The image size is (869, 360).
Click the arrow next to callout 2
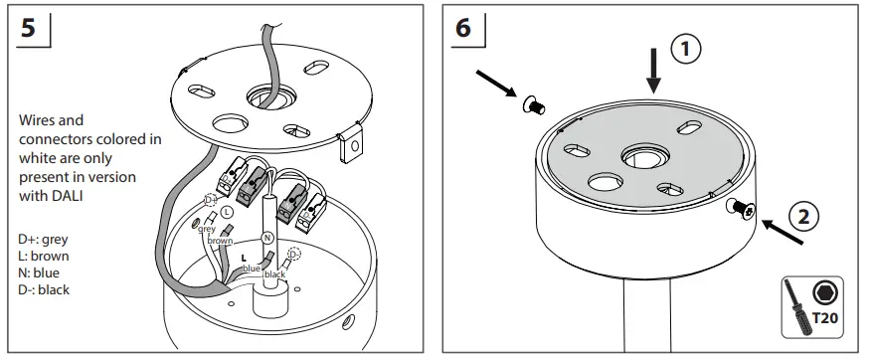782,234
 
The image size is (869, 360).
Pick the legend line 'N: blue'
41,273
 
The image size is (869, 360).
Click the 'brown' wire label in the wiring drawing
220,241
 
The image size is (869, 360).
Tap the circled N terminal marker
266,238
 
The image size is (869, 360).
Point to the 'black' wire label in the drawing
275,272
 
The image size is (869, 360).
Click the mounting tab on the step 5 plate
350,145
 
